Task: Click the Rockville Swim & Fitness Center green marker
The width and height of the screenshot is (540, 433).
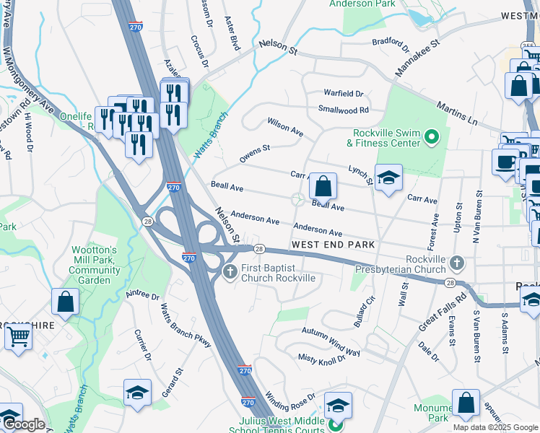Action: (x=432, y=136)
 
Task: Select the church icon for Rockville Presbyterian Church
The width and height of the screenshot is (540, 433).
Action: (x=456, y=261)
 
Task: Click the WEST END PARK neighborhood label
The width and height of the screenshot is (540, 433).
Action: (x=333, y=245)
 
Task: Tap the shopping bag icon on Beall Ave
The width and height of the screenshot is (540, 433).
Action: (x=323, y=187)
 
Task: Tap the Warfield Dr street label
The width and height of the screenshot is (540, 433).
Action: (x=344, y=94)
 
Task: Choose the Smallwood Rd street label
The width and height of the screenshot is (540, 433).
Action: (x=344, y=110)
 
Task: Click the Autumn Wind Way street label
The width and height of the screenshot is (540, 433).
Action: (x=331, y=342)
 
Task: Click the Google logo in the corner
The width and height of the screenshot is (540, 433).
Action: (x=23, y=425)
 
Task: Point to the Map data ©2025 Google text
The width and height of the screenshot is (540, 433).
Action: (x=495, y=427)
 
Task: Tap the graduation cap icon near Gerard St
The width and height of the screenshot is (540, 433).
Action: (x=137, y=393)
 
